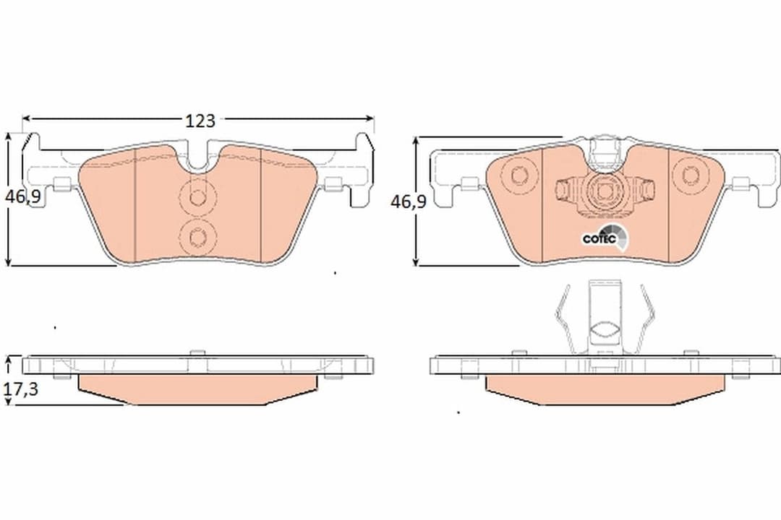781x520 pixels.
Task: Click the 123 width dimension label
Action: [200, 121]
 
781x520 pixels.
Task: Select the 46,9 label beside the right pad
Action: [408, 201]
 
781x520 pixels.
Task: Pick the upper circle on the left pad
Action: [197, 196]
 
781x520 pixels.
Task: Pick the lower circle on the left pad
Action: [197, 236]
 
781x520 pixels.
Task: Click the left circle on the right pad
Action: [519, 175]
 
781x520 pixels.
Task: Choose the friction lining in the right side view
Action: [604, 389]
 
